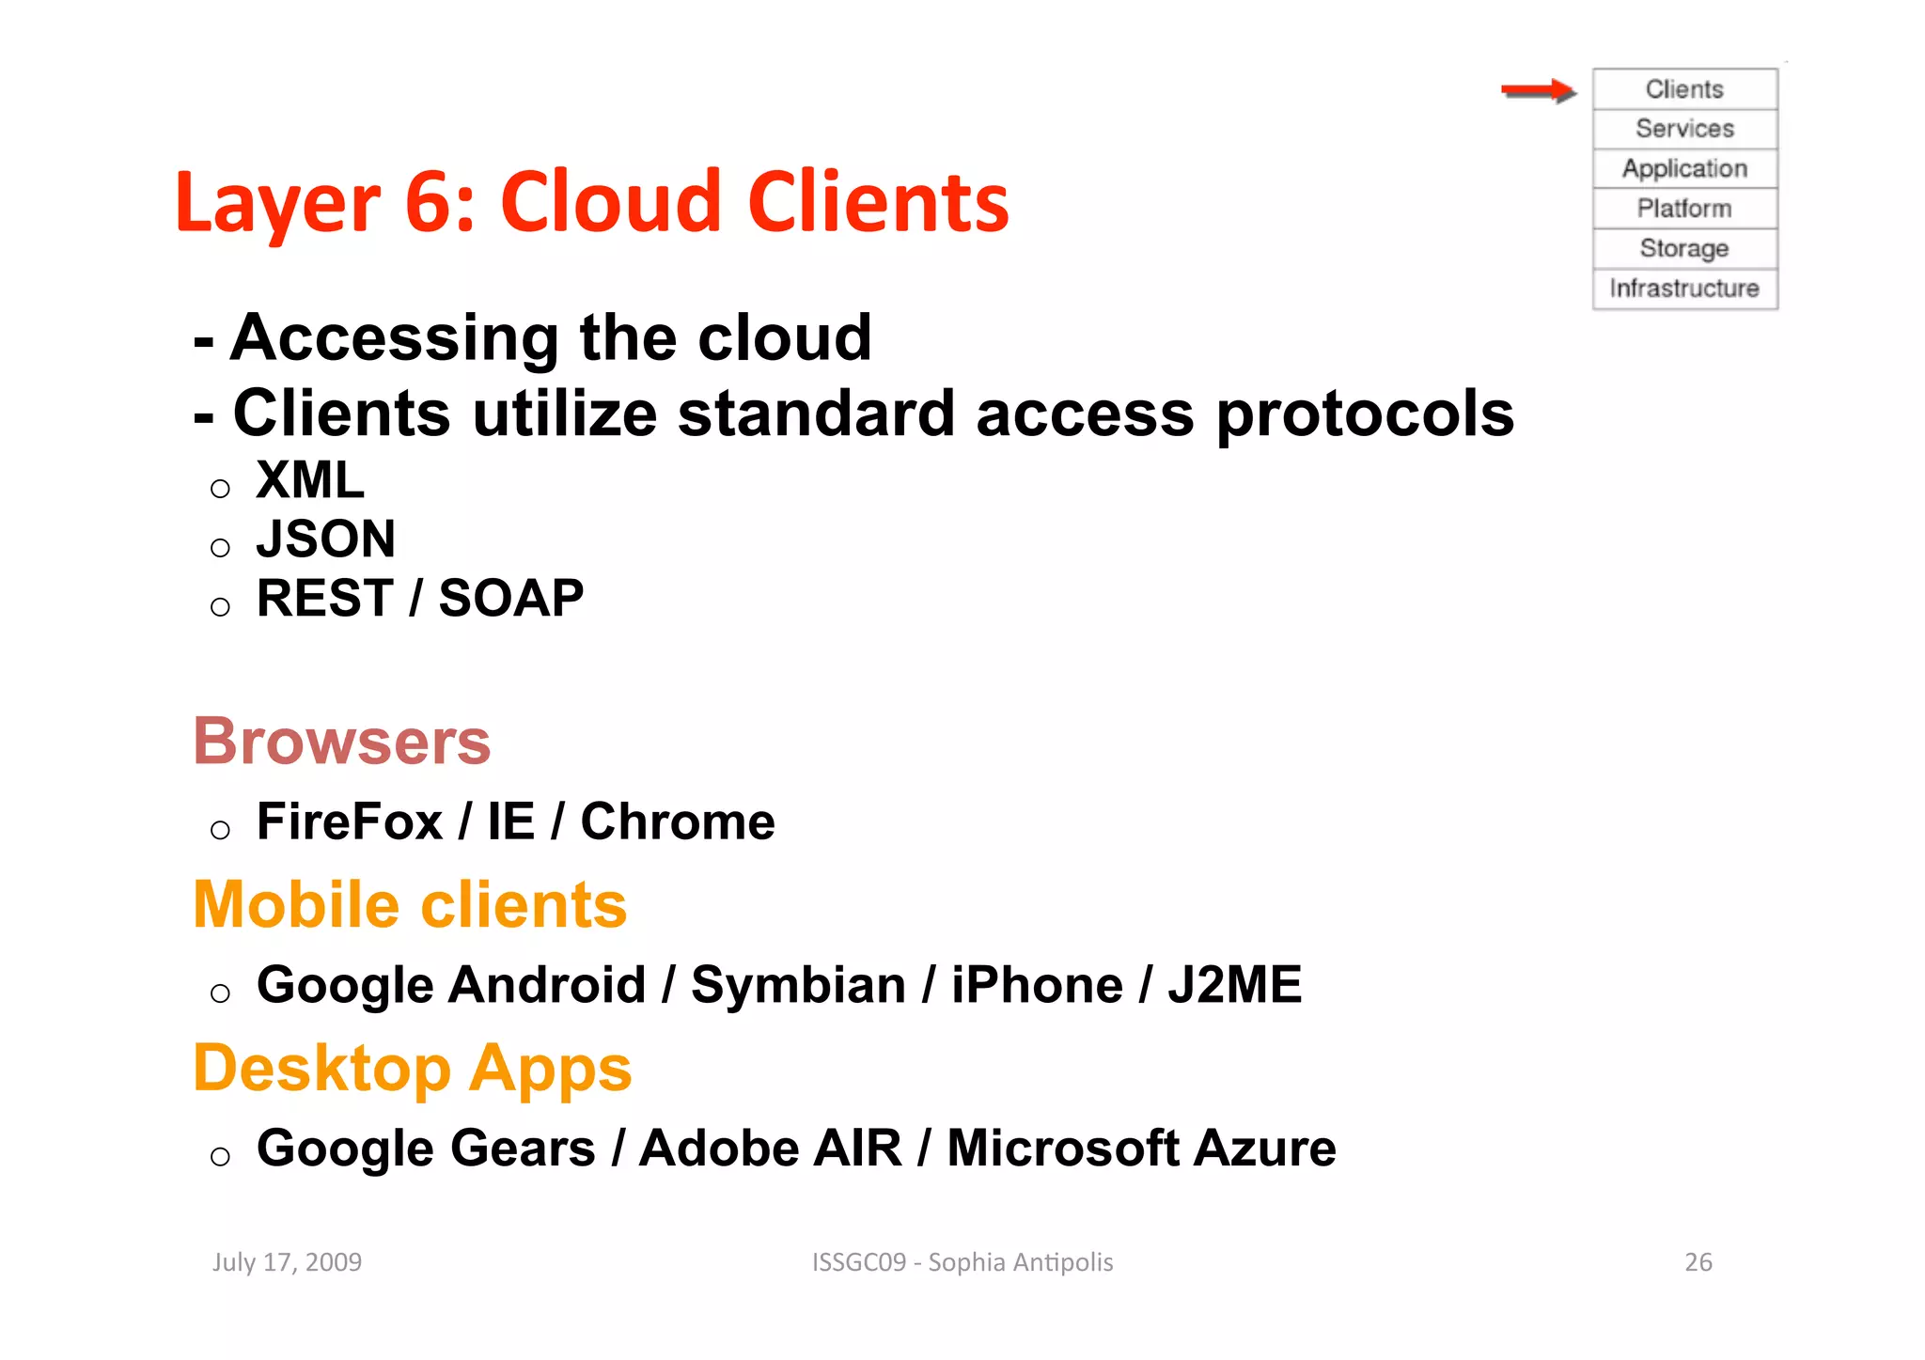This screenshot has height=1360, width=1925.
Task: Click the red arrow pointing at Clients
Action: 1538,90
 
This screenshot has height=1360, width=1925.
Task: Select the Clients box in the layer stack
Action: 1684,89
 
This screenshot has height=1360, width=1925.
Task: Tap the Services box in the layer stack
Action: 1684,129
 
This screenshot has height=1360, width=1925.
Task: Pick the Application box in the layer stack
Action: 1684,169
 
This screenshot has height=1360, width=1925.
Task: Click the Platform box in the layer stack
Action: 1684,209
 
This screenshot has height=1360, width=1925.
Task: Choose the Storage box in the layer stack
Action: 1684,248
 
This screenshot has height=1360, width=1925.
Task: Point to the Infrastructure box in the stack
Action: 1684,289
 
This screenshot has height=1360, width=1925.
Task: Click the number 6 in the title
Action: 430,203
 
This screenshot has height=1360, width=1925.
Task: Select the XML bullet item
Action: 310,480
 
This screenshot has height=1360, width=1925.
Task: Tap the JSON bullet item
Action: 325,539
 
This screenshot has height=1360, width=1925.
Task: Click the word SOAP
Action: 510,599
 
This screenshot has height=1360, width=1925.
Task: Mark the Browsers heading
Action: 341,742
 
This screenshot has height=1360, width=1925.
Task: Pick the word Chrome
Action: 677,821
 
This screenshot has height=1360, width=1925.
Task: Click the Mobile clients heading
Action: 410,904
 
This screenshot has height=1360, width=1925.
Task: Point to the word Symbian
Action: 798,985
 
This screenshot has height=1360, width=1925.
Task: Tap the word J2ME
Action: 1234,985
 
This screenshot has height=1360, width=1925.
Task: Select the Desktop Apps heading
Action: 412,1069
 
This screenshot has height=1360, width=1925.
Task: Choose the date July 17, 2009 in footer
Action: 287,1262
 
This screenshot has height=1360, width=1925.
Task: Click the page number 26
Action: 1698,1262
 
